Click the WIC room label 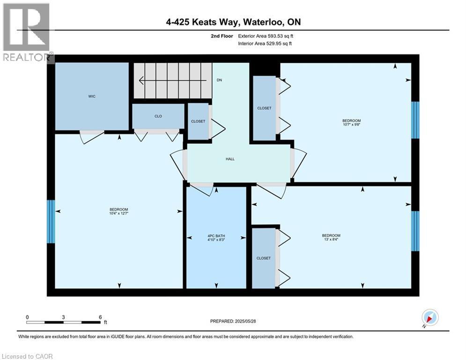[92, 97]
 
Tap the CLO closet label [158, 116]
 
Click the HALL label [230, 159]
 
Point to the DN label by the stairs [219, 80]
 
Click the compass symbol [429, 317]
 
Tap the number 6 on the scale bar [100, 317]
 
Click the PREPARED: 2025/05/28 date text [234, 321]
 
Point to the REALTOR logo [27, 33]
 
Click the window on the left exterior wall [51, 222]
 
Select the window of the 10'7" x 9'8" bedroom [415, 120]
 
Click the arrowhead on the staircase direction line [141, 80]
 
